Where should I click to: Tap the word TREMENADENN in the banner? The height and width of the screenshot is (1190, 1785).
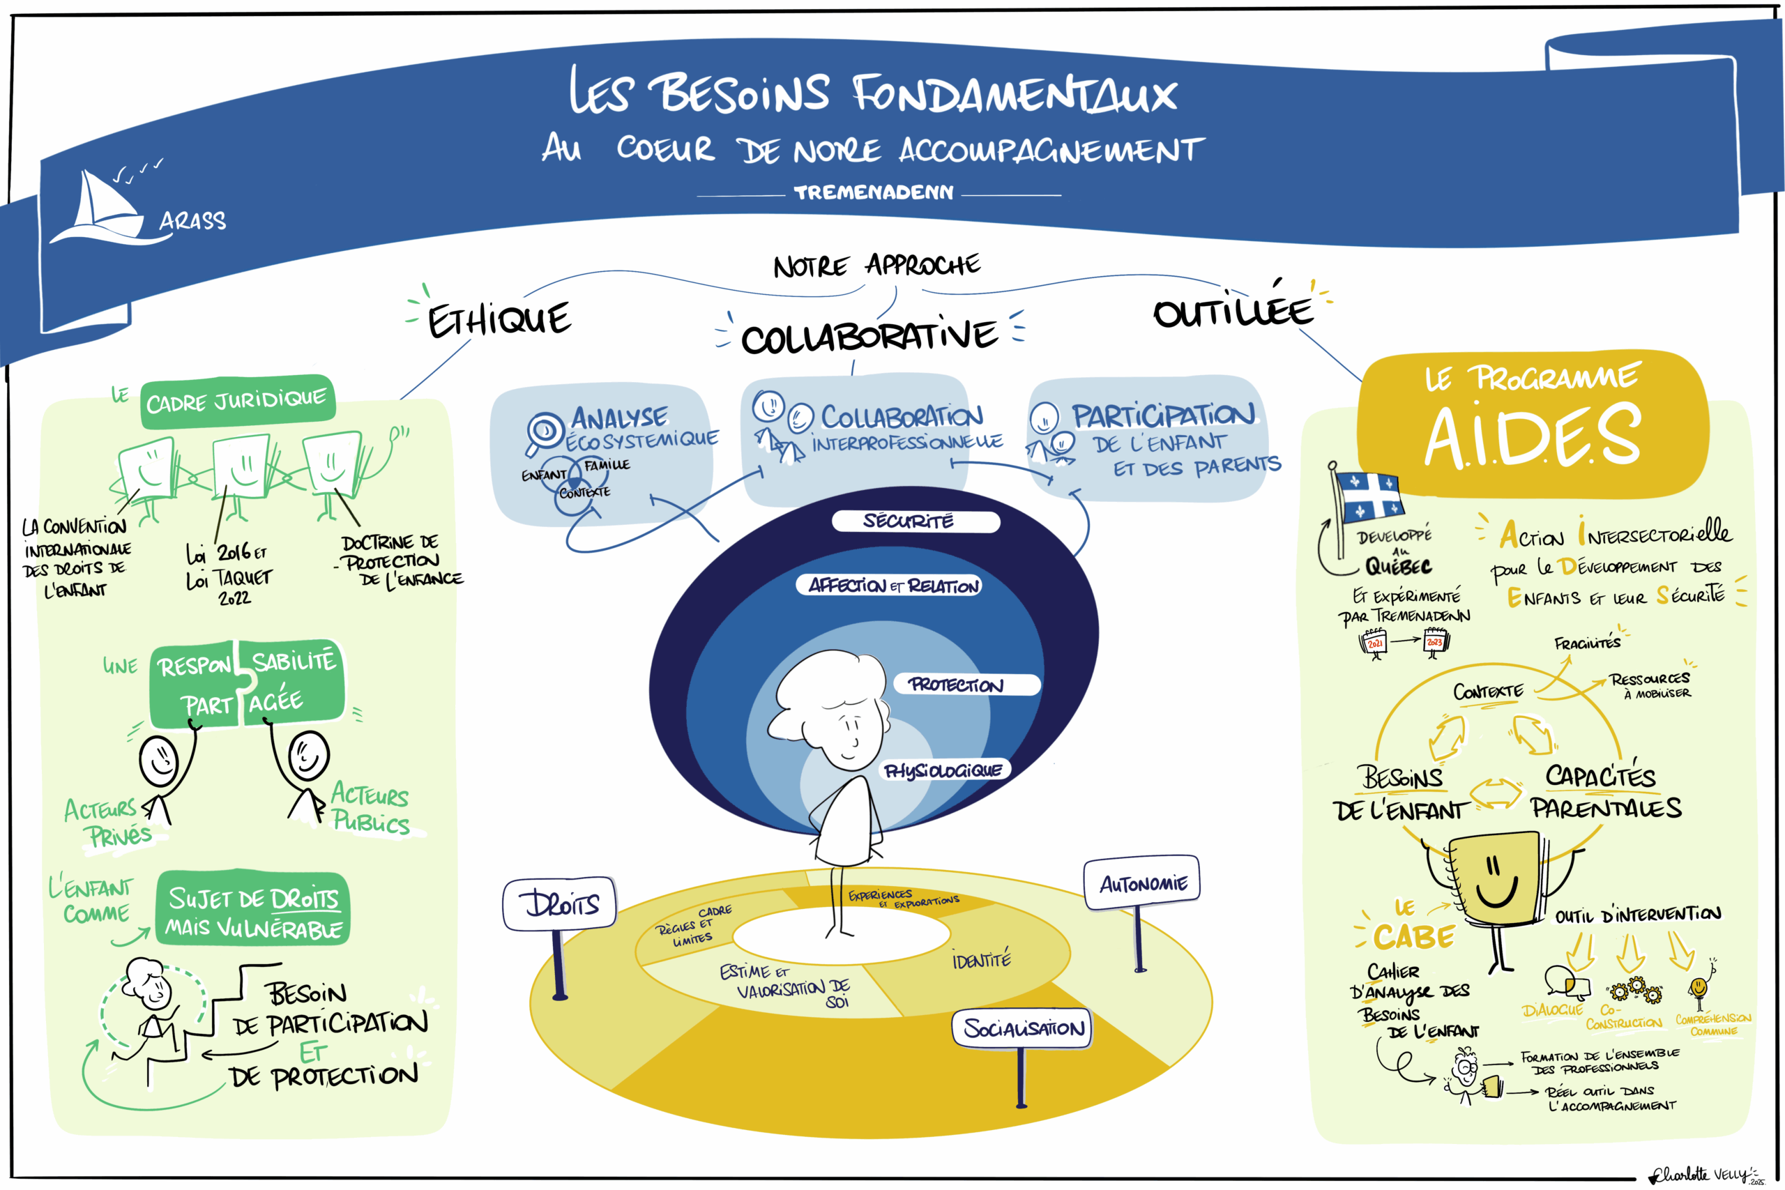point(874,193)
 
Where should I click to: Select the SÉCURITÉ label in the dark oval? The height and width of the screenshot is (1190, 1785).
point(909,521)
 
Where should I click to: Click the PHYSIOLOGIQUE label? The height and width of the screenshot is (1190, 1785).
point(943,770)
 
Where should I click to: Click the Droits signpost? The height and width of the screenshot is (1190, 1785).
point(560,903)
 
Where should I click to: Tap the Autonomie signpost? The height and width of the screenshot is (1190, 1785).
point(1142,883)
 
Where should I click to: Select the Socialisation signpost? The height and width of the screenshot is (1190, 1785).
point(1023,1028)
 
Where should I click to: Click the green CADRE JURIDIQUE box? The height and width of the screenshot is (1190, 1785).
point(237,401)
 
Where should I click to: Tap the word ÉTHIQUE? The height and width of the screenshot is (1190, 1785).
point(499,319)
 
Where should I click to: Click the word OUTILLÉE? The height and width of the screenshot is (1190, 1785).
point(1233,310)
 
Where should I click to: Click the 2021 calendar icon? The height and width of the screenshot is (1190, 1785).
point(1374,643)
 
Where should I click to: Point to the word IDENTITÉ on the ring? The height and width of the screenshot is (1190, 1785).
point(981,960)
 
